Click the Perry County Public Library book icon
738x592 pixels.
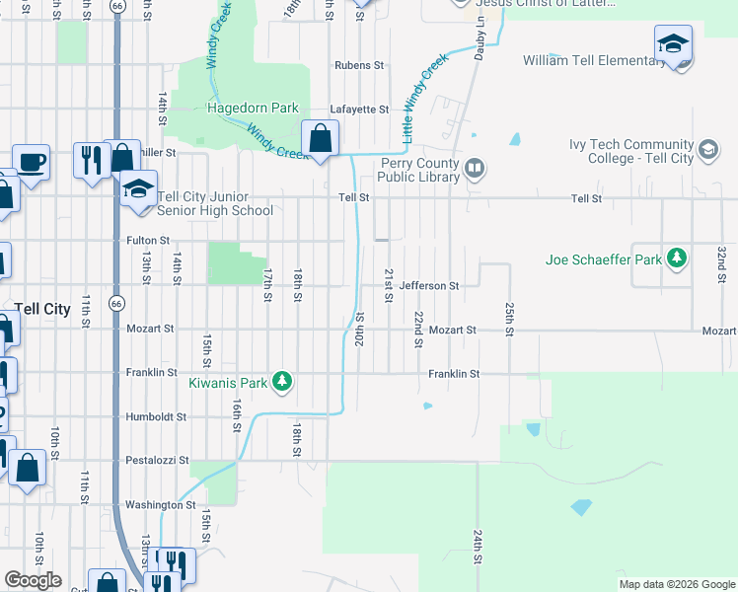tap(475, 168)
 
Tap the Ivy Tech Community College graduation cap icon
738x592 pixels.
tap(707, 150)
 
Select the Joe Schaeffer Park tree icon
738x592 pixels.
tap(676, 259)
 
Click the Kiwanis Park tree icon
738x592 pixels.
tap(282, 381)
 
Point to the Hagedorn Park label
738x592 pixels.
tap(252, 108)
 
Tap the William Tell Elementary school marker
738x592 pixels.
tap(673, 45)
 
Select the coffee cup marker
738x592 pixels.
tap(31, 161)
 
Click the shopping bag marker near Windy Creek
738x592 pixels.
tap(320, 139)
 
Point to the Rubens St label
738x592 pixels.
tap(358, 65)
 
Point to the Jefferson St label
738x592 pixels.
tap(429, 286)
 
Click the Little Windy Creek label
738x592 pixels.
tap(425, 96)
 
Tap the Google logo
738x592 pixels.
tap(33, 580)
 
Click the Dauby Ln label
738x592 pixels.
tap(479, 39)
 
